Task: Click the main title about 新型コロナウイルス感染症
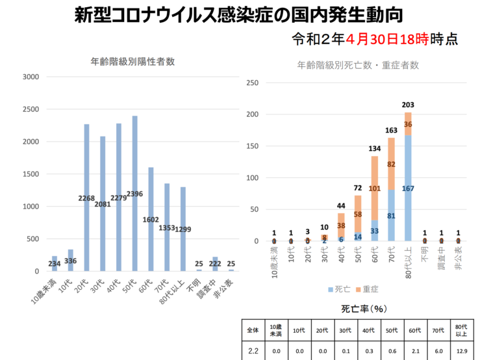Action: pos(238,15)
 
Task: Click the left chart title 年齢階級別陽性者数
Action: pos(132,62)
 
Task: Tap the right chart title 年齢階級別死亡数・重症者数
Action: pos(358,65)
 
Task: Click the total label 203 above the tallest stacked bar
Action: pos(408,105)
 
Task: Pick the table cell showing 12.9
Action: pos(462,351)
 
